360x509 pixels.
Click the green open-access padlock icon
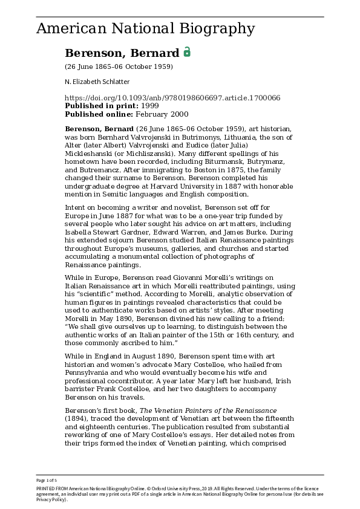(x=188, y=52)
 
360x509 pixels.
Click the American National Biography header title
(x=145, y=28)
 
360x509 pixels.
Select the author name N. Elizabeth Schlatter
(x=97, y=82)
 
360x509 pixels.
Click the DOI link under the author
(x=172, y=98)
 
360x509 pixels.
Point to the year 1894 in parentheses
(x=76, y=419)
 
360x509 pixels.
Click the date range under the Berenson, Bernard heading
(x=119, y=66)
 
